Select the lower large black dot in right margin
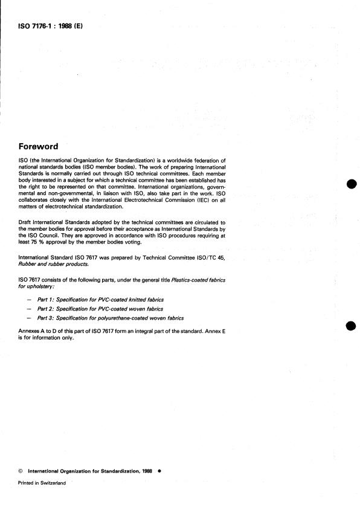click(350, 327)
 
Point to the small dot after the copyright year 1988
click(159, 472)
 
